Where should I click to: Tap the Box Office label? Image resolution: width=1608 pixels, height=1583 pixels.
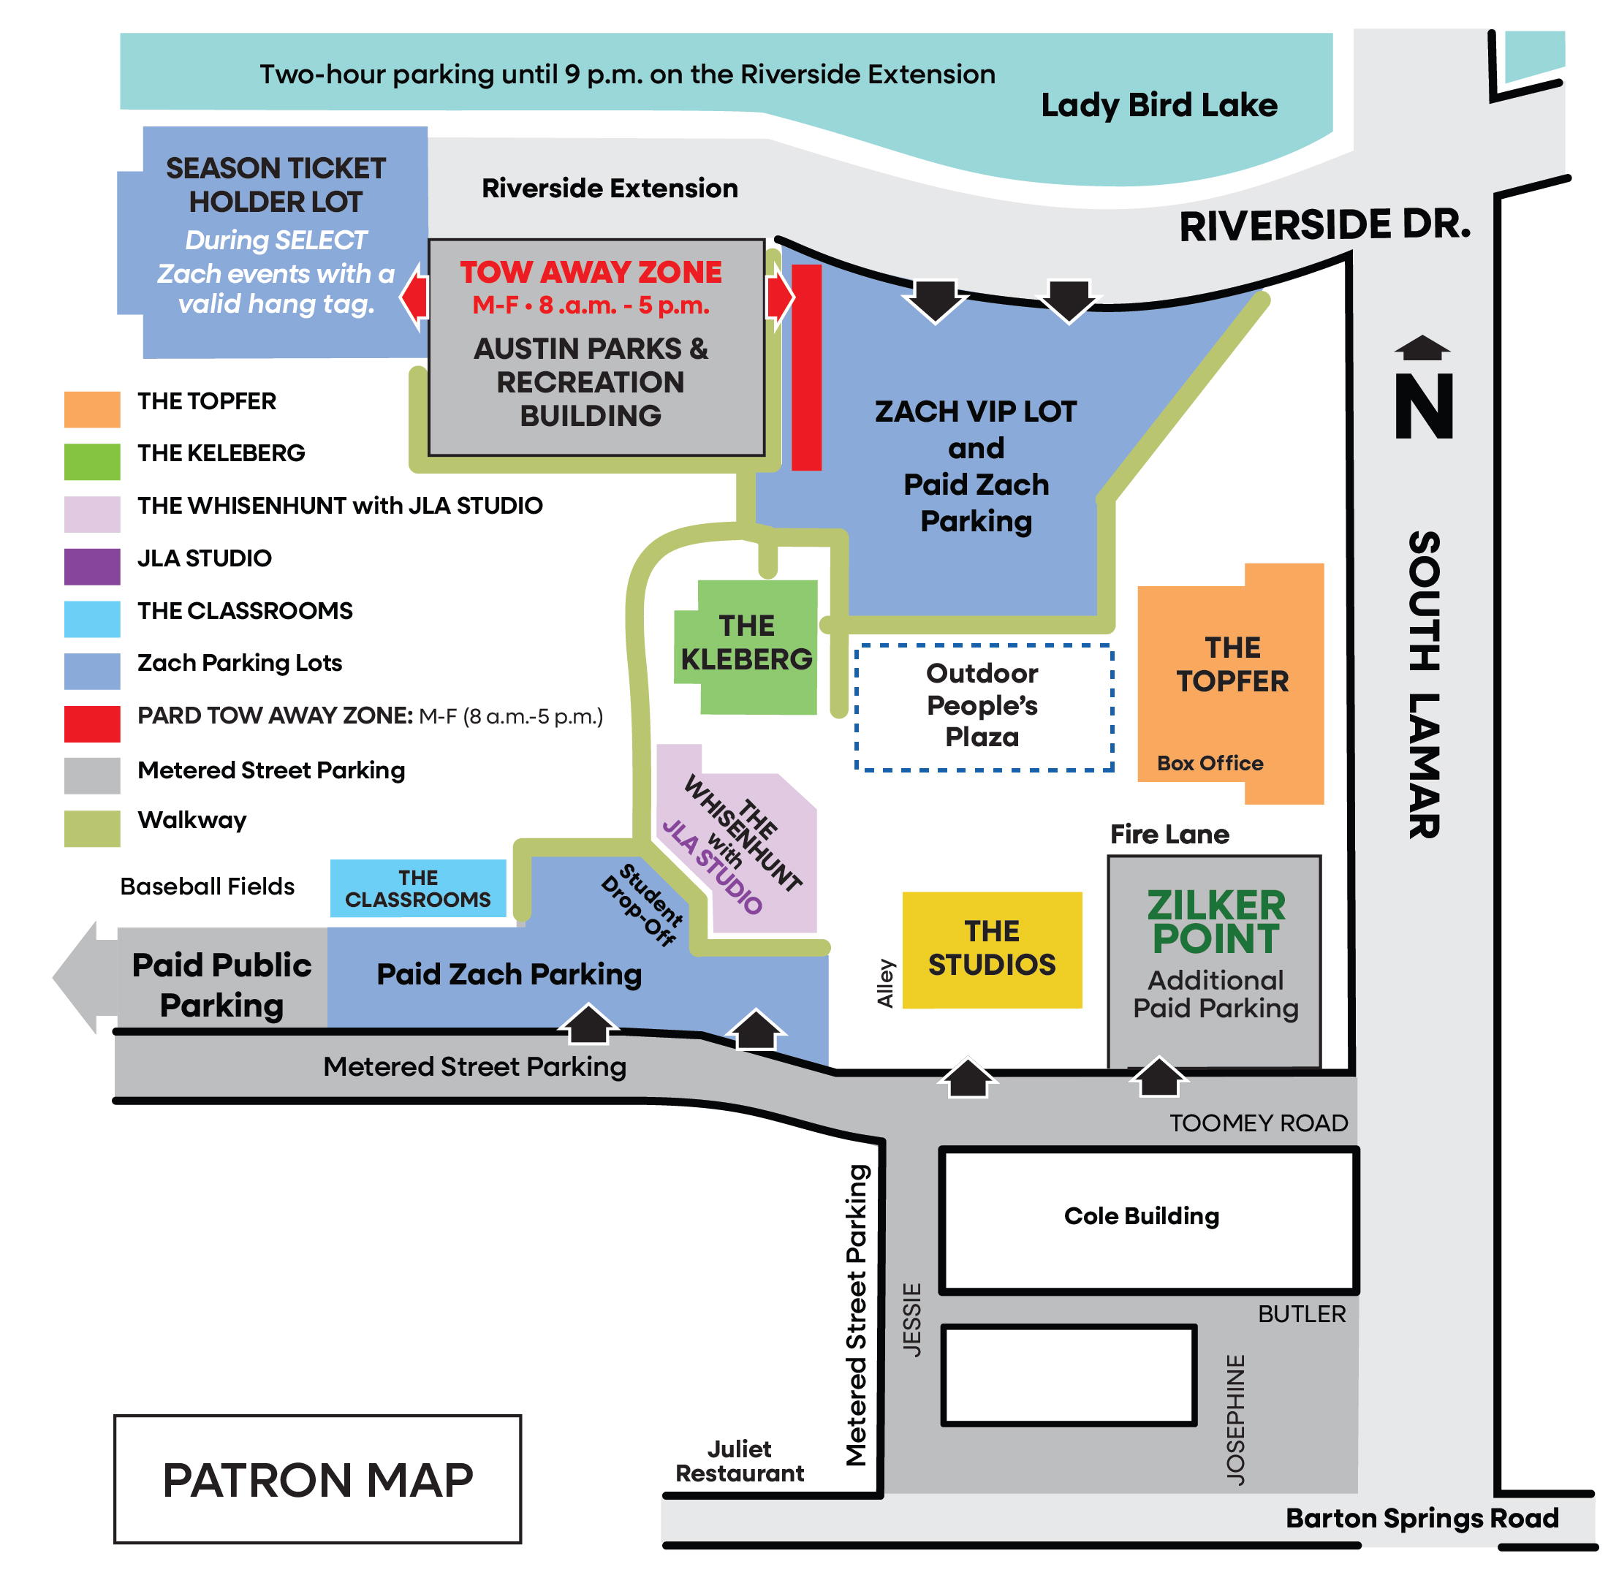(x=1209, y=762)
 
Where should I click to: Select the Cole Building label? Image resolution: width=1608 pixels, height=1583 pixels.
(x=1141, y=1215)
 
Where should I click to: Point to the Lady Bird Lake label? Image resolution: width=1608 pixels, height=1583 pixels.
(x=1158, y=105)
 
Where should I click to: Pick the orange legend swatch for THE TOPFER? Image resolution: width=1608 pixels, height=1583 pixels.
(x=91, y=409)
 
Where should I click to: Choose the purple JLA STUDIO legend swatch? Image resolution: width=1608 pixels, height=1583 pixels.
(x=91, y=566)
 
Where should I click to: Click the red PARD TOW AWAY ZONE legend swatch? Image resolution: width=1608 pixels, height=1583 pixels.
(x=91, y=724)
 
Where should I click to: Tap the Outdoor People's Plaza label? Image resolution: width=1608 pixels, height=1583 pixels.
(x=982, y=705)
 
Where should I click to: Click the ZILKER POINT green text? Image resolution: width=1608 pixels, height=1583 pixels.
(x=1216, y=922)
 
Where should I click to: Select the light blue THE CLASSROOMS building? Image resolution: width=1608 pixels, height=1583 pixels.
(x=417, y=888)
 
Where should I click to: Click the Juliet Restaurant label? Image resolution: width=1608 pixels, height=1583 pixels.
(x=739, y=1461)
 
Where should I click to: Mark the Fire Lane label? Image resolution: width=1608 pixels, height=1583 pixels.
(x=1169, y=834)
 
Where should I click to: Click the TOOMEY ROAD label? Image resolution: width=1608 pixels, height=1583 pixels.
(x=1257, y=1123)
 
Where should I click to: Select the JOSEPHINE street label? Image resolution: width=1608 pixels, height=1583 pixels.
(x=1235, y=1419)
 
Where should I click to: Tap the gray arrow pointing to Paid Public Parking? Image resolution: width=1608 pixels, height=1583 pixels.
(x=79, y=978)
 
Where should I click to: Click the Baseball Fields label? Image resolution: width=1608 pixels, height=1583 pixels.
(x=207, y=887)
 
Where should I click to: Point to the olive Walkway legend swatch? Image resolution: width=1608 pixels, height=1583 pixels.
(x=91, y=828)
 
